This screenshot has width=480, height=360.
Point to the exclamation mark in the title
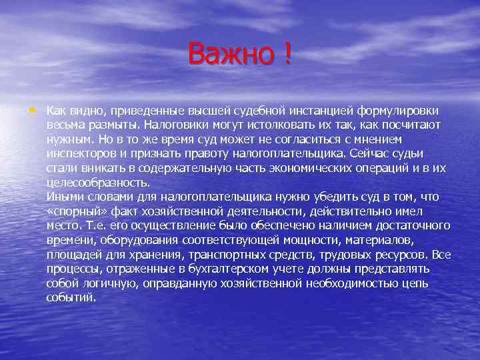pyautogui.click(x=287, y=53)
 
